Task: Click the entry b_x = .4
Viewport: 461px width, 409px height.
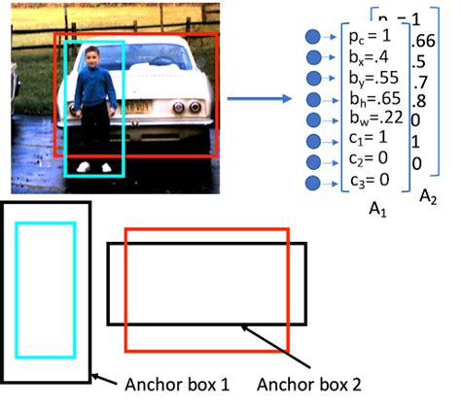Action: tap(367, 56)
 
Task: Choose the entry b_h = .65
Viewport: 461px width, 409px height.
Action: tap(371, 98)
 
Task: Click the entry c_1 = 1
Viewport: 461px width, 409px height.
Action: tap(366, 140)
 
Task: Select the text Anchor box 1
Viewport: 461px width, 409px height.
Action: tap(177, 385)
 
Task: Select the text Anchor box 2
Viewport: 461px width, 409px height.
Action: tap(309, 385)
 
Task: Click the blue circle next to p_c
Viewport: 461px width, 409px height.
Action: tap(313, 37)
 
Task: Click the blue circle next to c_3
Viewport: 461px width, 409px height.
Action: tap(313, 183)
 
